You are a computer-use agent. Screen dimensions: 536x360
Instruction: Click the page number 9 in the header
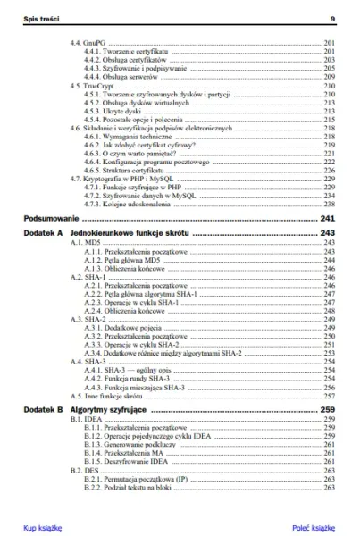[332, 18]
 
